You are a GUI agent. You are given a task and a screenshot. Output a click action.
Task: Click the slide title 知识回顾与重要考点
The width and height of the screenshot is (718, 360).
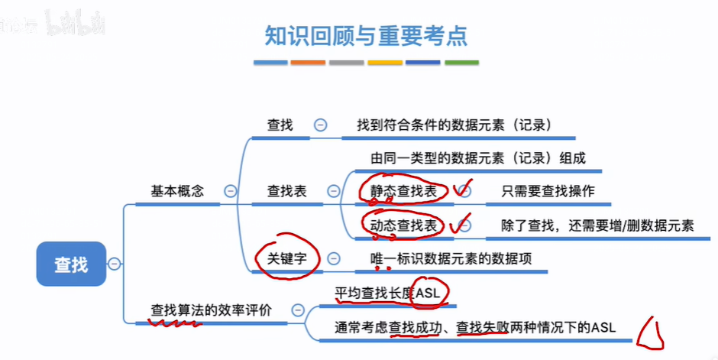366,34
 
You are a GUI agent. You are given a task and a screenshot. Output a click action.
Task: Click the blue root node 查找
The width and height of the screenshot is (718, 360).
71,264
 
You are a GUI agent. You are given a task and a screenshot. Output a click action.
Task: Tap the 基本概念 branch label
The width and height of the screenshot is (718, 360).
177,191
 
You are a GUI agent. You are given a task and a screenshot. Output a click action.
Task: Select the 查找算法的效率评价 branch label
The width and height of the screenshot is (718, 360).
211,310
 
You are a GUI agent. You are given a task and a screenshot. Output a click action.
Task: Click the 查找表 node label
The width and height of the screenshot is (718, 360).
286,191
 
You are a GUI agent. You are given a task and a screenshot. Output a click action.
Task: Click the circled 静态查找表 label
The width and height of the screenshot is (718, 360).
403,191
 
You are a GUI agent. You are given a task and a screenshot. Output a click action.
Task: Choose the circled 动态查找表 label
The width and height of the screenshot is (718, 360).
403,225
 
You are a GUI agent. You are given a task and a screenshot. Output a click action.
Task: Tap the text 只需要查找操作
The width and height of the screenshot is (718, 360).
548,191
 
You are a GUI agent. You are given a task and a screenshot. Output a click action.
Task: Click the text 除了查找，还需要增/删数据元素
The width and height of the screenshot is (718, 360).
597,225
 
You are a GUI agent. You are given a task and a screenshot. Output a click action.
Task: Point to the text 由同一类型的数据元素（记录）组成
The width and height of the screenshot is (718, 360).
477,158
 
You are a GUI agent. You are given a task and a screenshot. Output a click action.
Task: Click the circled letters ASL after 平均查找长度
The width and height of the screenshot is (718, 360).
430,293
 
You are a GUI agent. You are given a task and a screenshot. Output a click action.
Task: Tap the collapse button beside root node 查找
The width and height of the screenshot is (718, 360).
114,264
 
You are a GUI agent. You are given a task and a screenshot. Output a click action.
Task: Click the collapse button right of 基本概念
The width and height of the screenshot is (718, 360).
230,192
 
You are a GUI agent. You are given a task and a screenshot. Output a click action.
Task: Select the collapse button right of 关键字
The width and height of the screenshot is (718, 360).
333,259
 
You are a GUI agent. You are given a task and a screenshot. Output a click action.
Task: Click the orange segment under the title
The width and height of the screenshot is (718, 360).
309,63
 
